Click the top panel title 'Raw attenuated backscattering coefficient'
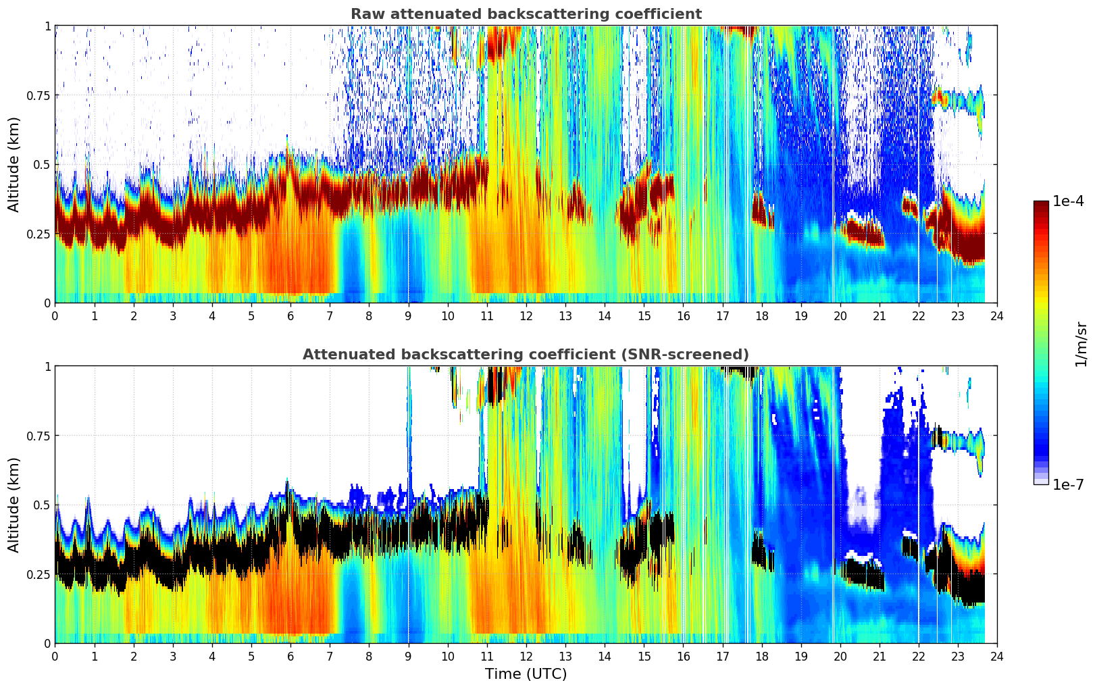tap(526, 14)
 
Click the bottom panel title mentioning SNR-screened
tap(526, 355)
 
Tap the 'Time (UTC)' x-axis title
tap(526, 674)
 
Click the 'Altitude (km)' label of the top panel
tap(14, 164)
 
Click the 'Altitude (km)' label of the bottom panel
tap(14, 505)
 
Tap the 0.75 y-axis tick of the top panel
tap(40, 95)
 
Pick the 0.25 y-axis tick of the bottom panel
tap(40, 574)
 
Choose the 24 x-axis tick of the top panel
tap(997, 315)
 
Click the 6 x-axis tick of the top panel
tap(290, 315)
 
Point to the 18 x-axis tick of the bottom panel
tap(761, 656)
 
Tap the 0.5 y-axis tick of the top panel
tap(43, 165)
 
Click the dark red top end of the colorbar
tap(1041, 204)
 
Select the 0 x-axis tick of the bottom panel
tap(55, 656)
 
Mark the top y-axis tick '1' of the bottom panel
tap(47, 367)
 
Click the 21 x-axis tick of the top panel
tap(879, 315)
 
